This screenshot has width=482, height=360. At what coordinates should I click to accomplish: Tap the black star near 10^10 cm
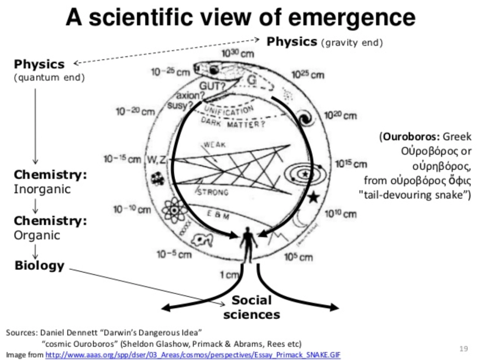pyautogui.click(x=313, y=197)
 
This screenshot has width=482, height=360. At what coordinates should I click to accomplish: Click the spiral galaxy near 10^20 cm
pyautogui.click(x=306, y=119)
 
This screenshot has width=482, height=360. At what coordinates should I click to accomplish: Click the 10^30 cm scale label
pyautogui.click(x=237, y=54)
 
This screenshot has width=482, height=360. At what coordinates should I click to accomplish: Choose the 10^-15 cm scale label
pyautogui.click(x=122, y=159)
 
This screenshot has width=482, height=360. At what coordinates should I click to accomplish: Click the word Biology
pyautogui.click(x=39, y=265)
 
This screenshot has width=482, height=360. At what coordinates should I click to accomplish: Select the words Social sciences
pyautogui.click(x=252, y=307)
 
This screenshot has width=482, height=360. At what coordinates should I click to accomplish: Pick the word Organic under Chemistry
pyautogui.click(x=37, y=235)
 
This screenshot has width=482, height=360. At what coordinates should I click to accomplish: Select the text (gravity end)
pyautogui.click(x=352, y=43)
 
